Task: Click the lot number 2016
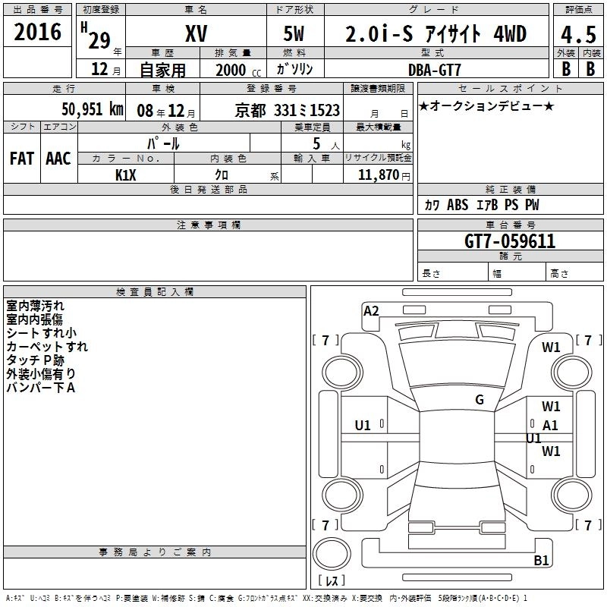[37, 32]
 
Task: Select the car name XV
[197, 33]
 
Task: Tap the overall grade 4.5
[578, 34]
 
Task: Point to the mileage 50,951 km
[93, 109]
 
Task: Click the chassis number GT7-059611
[510, 241]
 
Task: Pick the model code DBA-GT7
[434, 70]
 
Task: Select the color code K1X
[126, 175]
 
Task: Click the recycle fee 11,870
[378, 175]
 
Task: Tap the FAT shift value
[22, 159]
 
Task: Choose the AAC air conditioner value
[58, 159]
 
